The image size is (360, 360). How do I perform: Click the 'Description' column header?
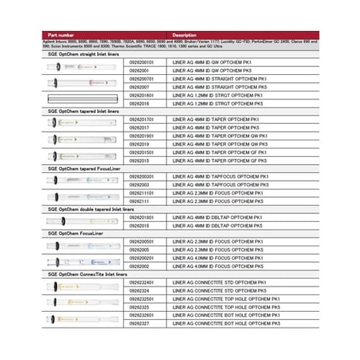pyautogui.click(x=185, y=35)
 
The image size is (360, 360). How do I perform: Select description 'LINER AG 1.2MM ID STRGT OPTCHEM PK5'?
pyautogui.click(x=216, y=102)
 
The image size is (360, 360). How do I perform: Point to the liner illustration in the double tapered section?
pyautogui.click(x=85, y=220)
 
